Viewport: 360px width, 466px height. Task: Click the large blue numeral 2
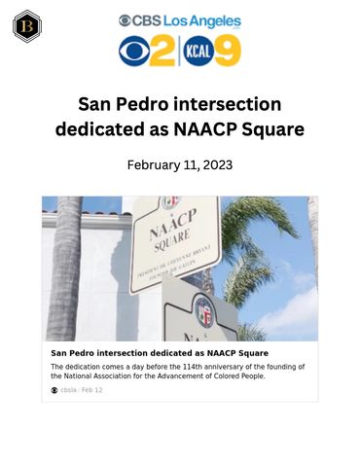pyautogui.click(x=163, y=51)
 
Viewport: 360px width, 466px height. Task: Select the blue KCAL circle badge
pyautogui.click(x=197, y=51)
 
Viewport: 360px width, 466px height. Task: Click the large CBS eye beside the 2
pyautogui.click(x=134, y=52)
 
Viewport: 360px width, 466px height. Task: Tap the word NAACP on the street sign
pyautogui.click(x=169, y=232)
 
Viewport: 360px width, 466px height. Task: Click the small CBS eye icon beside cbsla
pyautogui.click(x=54, y=390)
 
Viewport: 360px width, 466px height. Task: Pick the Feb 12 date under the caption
pyautogui.click(x=92, y=390)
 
